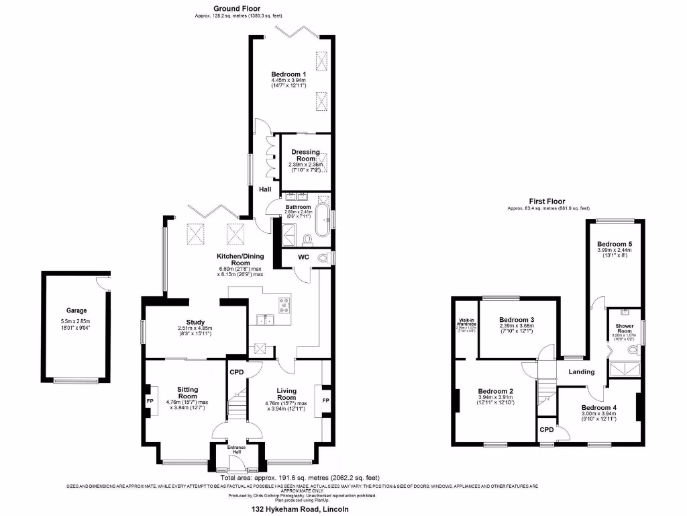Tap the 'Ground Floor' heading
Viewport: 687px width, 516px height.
pyautogui.click(x=232, y=8)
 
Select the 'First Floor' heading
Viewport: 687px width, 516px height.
pyautogui.click(x=547, y=201)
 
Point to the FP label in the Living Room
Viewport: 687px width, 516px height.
pyautogui.click(x=326, y=401)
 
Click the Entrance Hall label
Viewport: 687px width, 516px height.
pyautogui.click(x=235, y=449)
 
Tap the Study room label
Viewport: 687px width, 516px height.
pyautogui.click(x=196, y=322)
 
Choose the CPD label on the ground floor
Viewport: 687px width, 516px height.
pyautogui.click(x=236, y=372)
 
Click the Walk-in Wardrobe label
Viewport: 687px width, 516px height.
pyautogui.click(x=466, y=323)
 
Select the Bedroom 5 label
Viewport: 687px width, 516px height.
pyautogui.click(x=615, y=243)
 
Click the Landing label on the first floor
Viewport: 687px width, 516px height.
pyautogui.click(x=581, y=372)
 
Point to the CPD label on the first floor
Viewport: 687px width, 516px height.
pyautogui.click(x=547, y=430)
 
